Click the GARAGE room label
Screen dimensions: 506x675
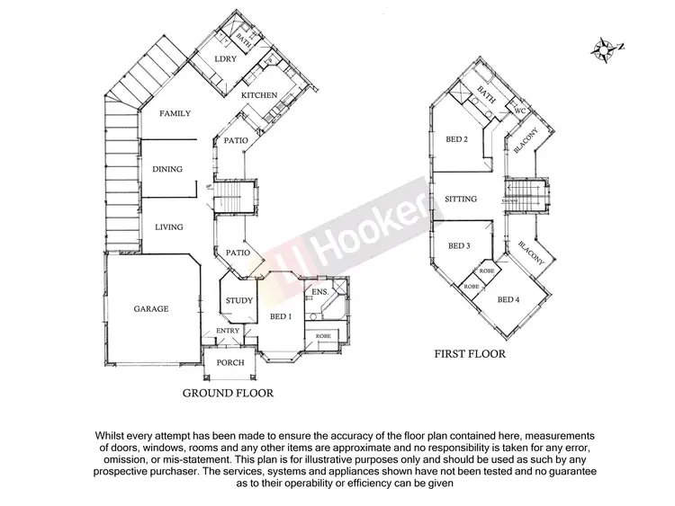coord(152,308)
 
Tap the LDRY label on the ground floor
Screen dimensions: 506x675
coord(225,59)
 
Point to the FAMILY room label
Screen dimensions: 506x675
coord(175,114)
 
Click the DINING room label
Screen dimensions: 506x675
coord(167,169)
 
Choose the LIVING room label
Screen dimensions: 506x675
coord(168,226)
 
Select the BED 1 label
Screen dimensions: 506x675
coord(281,316)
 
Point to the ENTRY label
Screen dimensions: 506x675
coord(228,332)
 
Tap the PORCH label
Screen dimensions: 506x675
coord(231,363)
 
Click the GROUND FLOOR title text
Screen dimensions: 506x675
coord(228,393)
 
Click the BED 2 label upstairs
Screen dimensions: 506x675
coord(457,139)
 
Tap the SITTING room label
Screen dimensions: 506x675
coord(461,200)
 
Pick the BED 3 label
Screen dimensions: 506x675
coord(458,245)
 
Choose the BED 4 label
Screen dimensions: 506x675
coord(508,299)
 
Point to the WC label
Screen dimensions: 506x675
coord(518,111)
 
